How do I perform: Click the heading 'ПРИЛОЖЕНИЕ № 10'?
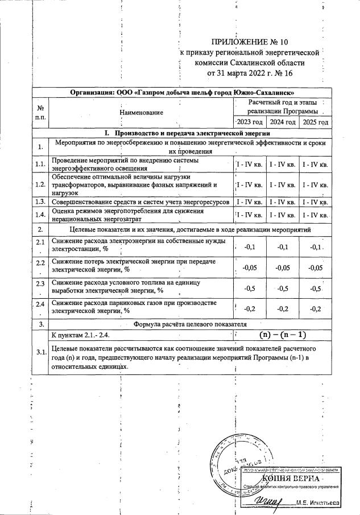[250, 42]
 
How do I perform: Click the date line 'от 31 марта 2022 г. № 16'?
[250, 73]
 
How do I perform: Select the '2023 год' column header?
[250, 122]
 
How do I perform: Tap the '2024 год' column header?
[283, 122]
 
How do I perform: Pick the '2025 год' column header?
[316, 122]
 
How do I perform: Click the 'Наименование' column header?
[141, 113]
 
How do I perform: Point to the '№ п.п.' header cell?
[40, 112]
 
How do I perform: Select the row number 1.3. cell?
[40, 202]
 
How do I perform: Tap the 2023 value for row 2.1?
[249, 248]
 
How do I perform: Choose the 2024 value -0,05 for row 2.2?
[283, 267]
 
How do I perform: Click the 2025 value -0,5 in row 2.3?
[315, 288]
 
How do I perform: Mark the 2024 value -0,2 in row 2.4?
[283, 308]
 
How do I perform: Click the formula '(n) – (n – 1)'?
[283, 335]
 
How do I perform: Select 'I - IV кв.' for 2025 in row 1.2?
[316, 185]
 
